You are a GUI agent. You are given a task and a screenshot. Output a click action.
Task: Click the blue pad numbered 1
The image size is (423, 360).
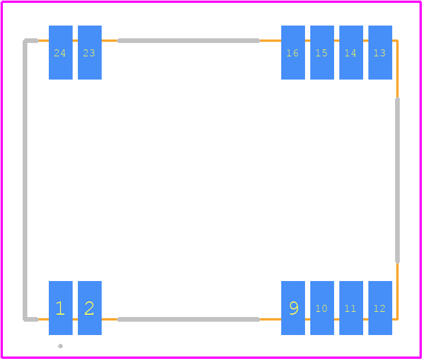(60, 308)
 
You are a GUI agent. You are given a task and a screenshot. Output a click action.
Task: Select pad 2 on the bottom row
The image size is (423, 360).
(90, 308)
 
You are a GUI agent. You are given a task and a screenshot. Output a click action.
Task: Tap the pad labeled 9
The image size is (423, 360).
(293, 308)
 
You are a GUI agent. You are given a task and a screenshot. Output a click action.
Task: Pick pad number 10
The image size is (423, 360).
(322, 308)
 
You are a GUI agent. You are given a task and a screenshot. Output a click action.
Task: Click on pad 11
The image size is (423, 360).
(351, 308)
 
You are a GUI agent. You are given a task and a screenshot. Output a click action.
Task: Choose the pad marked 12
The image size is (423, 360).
(380, 308)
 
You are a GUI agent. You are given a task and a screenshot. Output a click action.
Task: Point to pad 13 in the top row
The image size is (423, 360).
(380, 53)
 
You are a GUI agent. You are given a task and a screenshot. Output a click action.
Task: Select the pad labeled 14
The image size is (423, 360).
(351, 53)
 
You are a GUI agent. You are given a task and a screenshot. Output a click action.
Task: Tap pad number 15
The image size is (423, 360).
(322, 53)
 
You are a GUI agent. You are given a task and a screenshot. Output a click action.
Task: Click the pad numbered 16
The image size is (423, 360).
(293, 53)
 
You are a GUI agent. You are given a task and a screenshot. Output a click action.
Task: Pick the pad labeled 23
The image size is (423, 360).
(90, 53)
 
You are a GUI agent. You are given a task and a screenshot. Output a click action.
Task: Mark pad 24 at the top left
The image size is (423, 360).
(60, 53)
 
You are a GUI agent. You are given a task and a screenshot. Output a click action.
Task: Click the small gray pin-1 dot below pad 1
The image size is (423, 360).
(60, 346)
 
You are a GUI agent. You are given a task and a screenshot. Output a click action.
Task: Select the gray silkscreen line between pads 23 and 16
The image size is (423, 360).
(189, 41)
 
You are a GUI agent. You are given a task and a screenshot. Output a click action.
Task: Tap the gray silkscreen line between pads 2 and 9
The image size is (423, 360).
(189, 319)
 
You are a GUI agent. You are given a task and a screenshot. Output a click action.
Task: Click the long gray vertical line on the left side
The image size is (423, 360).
(25, 180)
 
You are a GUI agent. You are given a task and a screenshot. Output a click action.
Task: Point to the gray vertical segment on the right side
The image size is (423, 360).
(397, 180)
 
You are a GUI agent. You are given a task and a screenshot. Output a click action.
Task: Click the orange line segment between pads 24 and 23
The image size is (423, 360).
(76, 41)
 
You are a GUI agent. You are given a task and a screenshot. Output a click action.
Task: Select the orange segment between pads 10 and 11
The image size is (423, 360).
(336, 319)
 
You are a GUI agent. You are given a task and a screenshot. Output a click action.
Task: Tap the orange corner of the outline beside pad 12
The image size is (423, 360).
(397, 319)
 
